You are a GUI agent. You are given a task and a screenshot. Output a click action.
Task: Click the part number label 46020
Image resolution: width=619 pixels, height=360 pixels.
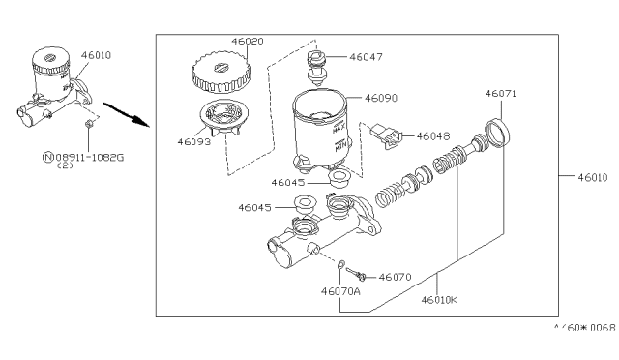[248, 41]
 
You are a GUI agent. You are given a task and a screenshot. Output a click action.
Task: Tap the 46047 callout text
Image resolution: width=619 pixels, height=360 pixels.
[366, 57]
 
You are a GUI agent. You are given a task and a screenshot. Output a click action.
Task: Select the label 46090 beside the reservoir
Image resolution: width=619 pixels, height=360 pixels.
[381, 98]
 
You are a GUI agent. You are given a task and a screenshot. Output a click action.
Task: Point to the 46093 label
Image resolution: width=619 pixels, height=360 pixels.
[193, 142]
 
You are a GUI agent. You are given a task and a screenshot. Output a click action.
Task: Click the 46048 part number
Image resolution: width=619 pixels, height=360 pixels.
[433, 136]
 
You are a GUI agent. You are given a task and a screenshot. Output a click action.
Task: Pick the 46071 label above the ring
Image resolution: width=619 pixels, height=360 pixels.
[501, 94]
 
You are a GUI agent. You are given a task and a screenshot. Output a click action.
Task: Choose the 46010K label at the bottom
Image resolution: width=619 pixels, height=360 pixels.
[439, 300]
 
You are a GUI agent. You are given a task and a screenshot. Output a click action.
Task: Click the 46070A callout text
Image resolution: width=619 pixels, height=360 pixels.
[340, 291]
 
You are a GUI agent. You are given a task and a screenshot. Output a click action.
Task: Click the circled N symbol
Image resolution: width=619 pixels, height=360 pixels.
[47, 158]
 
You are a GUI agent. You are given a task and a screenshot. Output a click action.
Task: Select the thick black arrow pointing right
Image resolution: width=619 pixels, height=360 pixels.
[127, 115]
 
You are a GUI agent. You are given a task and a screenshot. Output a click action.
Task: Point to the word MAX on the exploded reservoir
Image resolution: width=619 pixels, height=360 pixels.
[339, 128]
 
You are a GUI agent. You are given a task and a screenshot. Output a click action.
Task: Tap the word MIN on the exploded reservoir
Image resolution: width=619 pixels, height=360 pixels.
[340, 146]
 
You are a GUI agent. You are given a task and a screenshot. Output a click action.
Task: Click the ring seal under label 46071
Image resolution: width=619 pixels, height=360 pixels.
[497, 133]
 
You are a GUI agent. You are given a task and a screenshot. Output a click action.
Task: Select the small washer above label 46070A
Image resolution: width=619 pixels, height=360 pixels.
[341, 264]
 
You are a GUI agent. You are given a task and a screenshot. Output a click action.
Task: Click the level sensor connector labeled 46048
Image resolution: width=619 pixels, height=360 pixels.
[387, 136]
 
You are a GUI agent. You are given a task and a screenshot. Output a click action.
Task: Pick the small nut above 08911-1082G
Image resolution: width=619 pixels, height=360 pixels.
[89, 123]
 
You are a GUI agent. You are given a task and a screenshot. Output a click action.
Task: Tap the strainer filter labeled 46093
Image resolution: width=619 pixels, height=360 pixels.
[223, 116]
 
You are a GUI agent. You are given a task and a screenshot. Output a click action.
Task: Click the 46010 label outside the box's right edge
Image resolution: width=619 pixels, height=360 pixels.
[593, 178]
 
